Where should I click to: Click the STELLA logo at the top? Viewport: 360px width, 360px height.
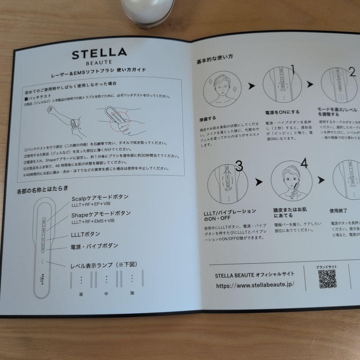pyautogui.click(x=99, y=54)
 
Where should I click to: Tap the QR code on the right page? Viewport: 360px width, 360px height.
pyautogui.click(x=327, y=279)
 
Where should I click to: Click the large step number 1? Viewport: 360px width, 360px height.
pyautogui.click(x=293, y=70)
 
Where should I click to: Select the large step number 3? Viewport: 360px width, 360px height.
pyautogui.click(x=239, y=166)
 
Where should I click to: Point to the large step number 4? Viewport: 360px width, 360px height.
pyautogui.click(x=304, y=163)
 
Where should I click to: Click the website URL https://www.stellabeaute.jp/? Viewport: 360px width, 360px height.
pyautogui.click(x=255, y=285)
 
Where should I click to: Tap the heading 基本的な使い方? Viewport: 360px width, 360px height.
pyautogui.click(x=215, y=60)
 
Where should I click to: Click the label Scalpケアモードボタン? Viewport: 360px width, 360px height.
pyautogui.click(x=100, y=197)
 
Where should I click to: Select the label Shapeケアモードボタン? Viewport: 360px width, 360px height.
pyautogui.click(x=101, y=213)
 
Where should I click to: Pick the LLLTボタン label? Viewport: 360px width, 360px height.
pyautogui.click(x=85, y=234)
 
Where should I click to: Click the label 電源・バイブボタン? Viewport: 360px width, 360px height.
pyautogui.click(x=94, y=246)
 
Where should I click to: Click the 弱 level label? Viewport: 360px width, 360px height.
pyautogui.click(x=81, y=294)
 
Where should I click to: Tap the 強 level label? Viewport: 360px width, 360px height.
pyautogui.click(x=132, y=293)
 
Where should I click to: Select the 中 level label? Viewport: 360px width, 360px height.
pyautogui.click(x=106, y=294)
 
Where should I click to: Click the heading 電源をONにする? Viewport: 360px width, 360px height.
pyautogui.click(x=282, y=112)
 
